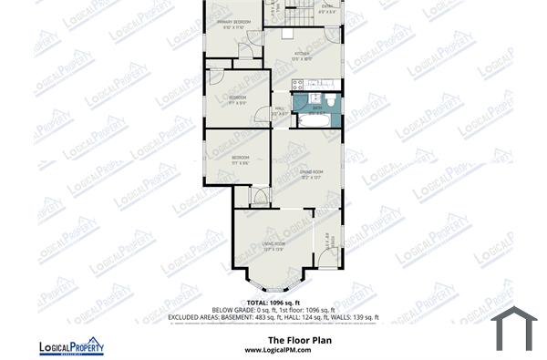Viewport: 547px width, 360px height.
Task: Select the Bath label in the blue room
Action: click(317, 107)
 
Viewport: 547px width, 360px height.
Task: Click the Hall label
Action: click(281, 109)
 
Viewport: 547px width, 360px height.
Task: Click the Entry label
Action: click(326, 8)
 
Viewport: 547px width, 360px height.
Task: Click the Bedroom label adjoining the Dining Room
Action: click(240, 160)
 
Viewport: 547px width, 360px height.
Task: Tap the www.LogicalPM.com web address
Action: click(273, 349)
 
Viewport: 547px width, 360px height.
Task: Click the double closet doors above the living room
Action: click(260, 196)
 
